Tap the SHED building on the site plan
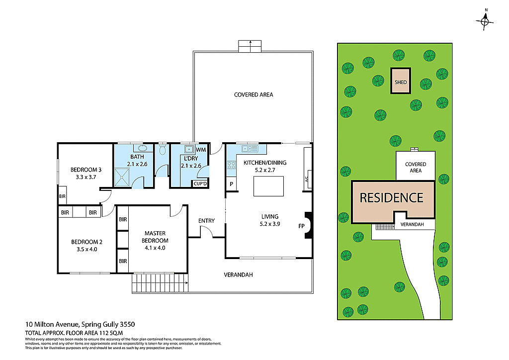[x=401, y=81]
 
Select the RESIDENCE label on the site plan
[x=391, y=197]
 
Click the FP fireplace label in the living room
[x=301, y=226]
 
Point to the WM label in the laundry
[x=201, y=150]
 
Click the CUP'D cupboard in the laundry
[x=200, y=183]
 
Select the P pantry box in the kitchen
[x=231, y=184]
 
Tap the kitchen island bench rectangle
[x=268, y=186]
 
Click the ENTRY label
[x=206, y=221]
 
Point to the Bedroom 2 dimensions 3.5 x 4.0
[x=86, y=249]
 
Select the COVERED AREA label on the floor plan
[x=254, y=94]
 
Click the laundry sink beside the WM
[x=188, y=149]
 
